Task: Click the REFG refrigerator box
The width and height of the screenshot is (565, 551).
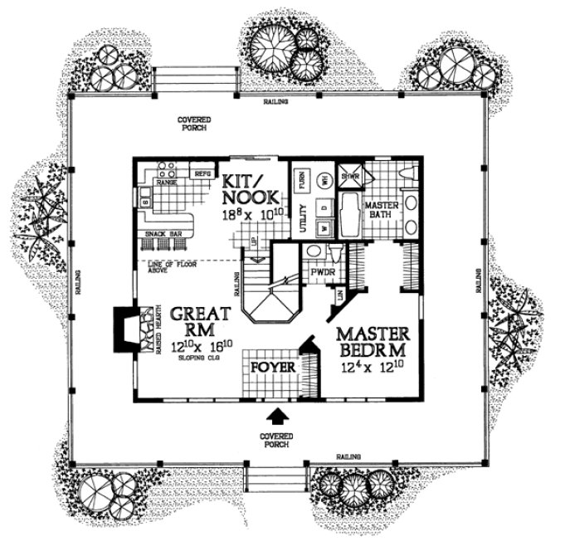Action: (202, 174)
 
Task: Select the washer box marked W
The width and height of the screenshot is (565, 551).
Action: (325, 226)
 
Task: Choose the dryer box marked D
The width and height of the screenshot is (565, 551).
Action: (325, 204)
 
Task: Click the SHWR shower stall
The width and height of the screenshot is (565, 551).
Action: (349, 176)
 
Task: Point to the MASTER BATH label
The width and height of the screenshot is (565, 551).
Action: (384, 211)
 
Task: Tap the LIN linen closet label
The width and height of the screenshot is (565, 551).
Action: (340, 292)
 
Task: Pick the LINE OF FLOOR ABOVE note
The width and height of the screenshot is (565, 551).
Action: (169, 267)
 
